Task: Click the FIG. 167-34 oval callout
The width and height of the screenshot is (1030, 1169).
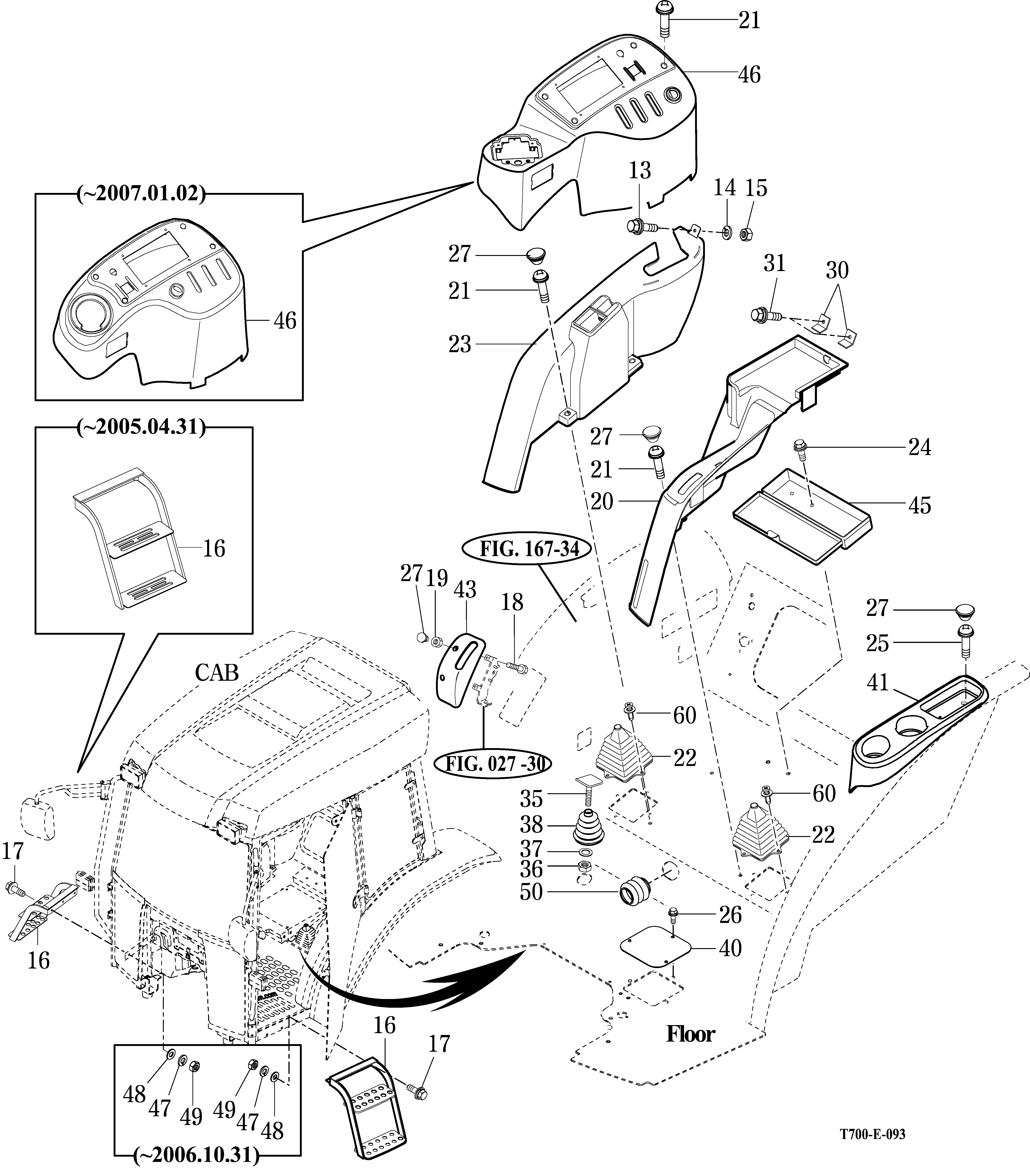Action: (x=529, y=549)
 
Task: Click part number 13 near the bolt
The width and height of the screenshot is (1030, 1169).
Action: (x=640, y=170)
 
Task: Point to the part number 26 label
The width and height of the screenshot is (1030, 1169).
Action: (x=730, y=915)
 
